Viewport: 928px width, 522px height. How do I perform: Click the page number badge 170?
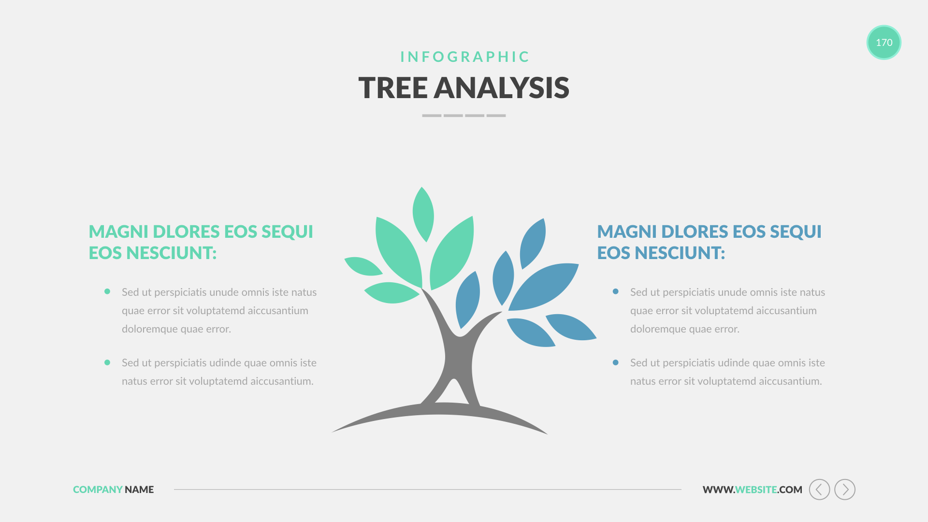pyautogui.click(x=884, y=43)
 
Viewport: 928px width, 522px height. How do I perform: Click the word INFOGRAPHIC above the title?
pyautogui.click(x=465, y=57)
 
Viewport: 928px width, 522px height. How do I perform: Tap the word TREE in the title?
pyautogui.click(x=393, y=88)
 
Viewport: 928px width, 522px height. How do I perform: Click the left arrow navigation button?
pyautogui.click(x=819, y=490)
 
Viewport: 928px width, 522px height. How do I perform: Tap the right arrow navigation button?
pyautogui.click(x=845, y=490)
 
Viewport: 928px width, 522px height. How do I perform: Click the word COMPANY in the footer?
pyautogui.click(x=98, y=490)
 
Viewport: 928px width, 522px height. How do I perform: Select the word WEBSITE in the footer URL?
pyautogui.click(x=756, y=490)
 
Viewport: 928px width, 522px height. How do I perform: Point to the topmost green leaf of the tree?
pyautogui.click(x=423, y=214)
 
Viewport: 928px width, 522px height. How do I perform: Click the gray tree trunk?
pyautogui.click(x=457, y=358)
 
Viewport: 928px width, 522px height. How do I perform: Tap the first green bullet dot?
pyautogui.click(x=107, y=291)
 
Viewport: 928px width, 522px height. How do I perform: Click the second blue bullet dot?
pyautogui.click(x=615, y=362)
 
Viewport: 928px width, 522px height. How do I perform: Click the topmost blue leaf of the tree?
pyautogui.click(x=533, y=244)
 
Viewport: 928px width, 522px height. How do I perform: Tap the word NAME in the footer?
pyautogui.click(x=139, y=490)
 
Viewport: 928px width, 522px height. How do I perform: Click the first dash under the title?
pyautogui.click(x=432, y=116)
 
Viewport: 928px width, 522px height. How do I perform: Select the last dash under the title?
pyautogui.click(x=496, y=116)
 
